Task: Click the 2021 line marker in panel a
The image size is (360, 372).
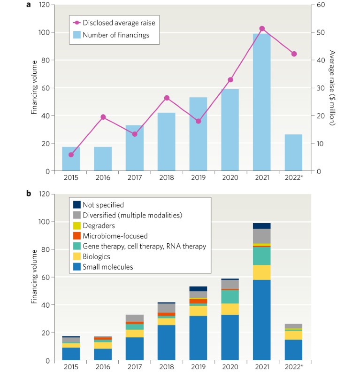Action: tap(262, 29)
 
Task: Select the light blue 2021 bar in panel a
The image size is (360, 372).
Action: tap(262, 103)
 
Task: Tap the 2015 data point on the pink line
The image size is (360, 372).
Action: tap(71, 155)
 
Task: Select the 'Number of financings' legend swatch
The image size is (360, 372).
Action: tap(76, 34)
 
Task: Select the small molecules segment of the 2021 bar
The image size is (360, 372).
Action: tap(262, 320)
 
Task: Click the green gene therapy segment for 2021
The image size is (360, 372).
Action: tap(262, 256)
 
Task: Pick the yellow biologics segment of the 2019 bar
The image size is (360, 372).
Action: tap(199, 310)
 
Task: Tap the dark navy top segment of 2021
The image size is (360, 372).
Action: tap(262, 226)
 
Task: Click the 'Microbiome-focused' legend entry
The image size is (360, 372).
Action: tap(115, 236)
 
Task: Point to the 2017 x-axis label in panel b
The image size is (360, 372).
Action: tap(135, 365)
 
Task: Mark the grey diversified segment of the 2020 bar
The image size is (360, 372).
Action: tap(230, 284)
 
